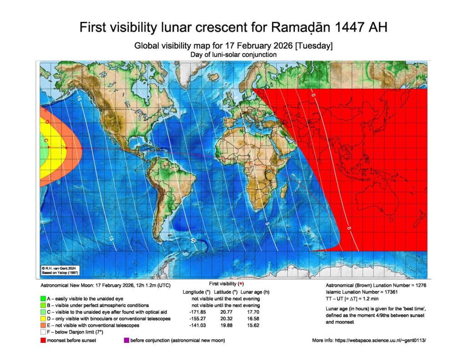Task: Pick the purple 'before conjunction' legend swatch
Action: point(126,340)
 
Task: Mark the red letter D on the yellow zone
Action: point(47,122)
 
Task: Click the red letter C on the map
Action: point(46,142)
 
